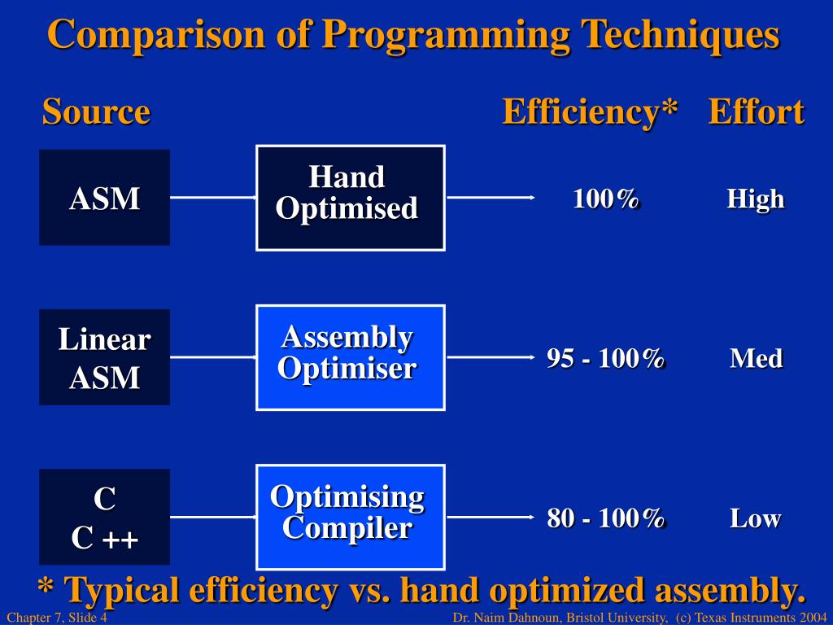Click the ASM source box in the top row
(105, 197)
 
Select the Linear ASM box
(105, 357)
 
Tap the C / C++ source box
(105, 517)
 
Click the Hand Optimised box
(351, 198)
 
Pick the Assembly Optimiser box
(351, 358)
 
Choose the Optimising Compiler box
(351, 517)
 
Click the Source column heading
(96, 111)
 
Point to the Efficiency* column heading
(591, 112)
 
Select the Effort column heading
(757, 111)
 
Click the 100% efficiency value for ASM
(606, 199)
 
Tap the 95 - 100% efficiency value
(606, 358)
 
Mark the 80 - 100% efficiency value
(606, 518)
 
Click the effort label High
(756, 199)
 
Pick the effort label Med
(756, 358)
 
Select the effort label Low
(756, 518)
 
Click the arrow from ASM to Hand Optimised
(213, 197)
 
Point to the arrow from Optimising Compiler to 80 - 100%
(491, 517)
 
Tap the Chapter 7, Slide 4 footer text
(57, 617)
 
